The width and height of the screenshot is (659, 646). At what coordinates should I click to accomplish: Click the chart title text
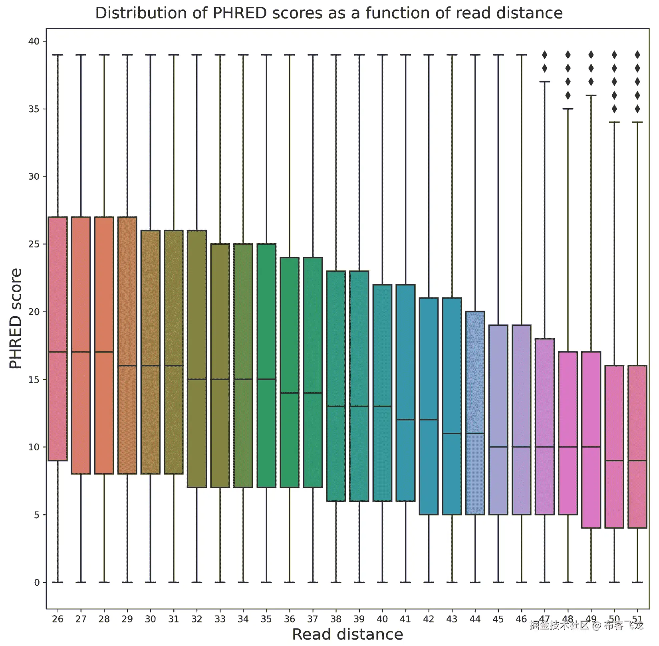point(329,13)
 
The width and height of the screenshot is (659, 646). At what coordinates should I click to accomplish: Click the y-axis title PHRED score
point(16,318)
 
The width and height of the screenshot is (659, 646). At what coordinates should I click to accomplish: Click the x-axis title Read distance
point(347,634)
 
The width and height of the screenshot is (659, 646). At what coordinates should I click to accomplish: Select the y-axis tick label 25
point(34,244)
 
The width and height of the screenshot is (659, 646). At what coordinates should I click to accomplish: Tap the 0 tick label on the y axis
point(37,583)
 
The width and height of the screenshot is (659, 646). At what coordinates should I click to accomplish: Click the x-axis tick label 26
point(58,619)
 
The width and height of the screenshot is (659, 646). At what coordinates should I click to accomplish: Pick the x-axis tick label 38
point(336,619)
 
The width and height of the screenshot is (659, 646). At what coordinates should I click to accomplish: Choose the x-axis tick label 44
point(475,619)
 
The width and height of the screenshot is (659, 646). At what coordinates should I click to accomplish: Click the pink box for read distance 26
point(58,299)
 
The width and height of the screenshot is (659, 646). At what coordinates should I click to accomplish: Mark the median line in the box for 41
point(405,420)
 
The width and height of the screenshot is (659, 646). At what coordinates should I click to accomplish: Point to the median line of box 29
point(127,366)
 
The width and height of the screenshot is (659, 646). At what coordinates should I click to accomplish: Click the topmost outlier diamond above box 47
point(544,55)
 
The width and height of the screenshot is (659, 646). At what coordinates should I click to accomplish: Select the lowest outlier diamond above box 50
point(614,109)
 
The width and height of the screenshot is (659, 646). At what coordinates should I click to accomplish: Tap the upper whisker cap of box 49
point(591,95)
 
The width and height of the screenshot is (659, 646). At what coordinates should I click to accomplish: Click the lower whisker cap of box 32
point(197,582)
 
